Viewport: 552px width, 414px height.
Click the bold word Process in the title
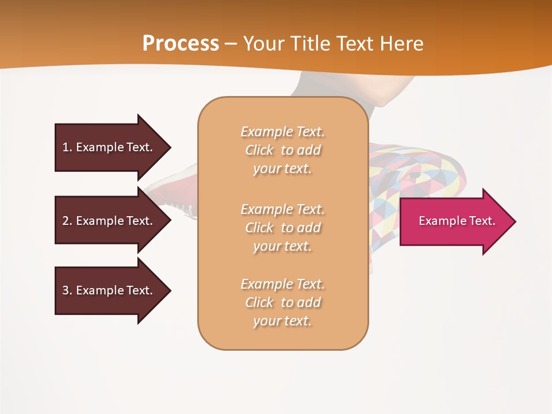181,44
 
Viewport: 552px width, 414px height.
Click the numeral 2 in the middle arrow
66,221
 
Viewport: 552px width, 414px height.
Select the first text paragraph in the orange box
282,150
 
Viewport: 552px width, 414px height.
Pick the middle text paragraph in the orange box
282,228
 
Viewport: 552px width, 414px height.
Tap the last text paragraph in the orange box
282,302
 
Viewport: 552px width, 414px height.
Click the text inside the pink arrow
457,221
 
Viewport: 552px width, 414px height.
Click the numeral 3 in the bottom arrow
66,290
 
